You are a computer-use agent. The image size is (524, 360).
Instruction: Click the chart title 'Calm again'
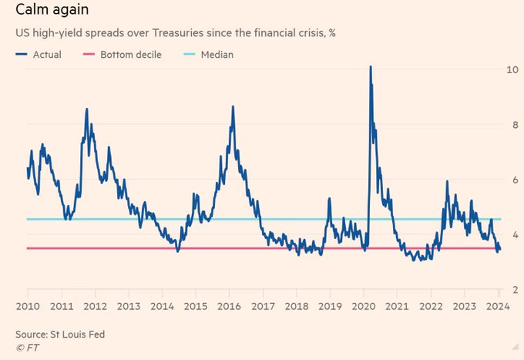[x=49, y=10]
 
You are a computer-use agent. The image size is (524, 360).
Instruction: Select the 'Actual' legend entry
[x=39, y=55]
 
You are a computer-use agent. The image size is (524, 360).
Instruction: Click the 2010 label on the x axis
[x=28, y=306]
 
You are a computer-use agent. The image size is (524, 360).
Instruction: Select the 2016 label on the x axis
[x=230, y=306]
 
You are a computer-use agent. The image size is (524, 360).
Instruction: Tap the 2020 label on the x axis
[x=364, y=306]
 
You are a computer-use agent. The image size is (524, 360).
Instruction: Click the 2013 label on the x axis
[x=129, y=306]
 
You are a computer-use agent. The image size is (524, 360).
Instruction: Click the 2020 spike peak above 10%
[x=370, y=67]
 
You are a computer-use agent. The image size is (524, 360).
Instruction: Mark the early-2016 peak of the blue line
[x=233, y=107]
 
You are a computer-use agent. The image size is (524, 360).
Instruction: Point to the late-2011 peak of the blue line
[x=86, y=109]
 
